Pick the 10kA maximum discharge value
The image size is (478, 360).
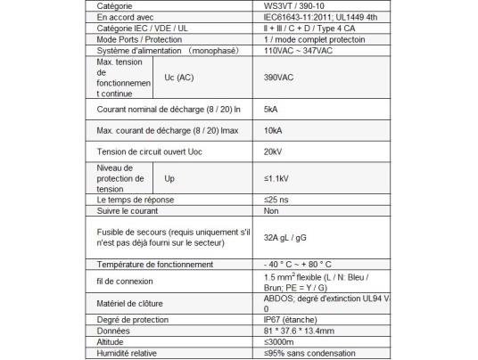pyautogui.click(x=273, y=132)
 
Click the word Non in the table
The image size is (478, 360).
pyautogui.click(x=271, y=210)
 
